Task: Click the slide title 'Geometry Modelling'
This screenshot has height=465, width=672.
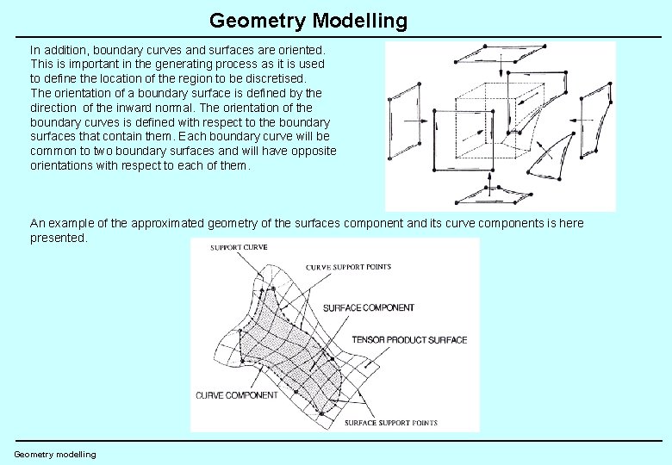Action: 308,21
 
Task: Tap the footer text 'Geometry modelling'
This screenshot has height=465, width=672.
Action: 55,454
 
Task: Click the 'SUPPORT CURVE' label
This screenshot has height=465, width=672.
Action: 240,247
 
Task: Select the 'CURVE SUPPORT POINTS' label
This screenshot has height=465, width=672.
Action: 348,267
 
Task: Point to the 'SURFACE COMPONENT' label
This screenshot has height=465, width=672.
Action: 368,307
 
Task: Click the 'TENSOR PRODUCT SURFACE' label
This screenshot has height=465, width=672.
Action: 409,339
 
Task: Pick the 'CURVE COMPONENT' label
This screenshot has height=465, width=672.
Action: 237,395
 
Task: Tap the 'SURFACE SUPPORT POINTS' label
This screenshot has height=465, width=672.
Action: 390,423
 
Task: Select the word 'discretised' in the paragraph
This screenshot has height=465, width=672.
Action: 275,78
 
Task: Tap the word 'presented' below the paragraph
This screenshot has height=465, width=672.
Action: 58,238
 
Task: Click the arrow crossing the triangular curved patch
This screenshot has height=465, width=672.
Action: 544,156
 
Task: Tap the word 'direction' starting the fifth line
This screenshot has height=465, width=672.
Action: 55,108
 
